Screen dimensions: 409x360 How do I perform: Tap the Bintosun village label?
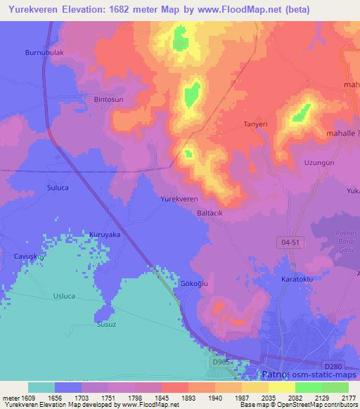pyautogui.click(x=108, y=100)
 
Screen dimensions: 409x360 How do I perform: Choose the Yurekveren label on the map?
pyautogui.click(x=179, y=200)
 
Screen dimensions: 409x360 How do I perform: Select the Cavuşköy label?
pyautogui.click(x=30, y=257)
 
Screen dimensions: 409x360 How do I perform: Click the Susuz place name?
pyautogui.click(x=105, y=326)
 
